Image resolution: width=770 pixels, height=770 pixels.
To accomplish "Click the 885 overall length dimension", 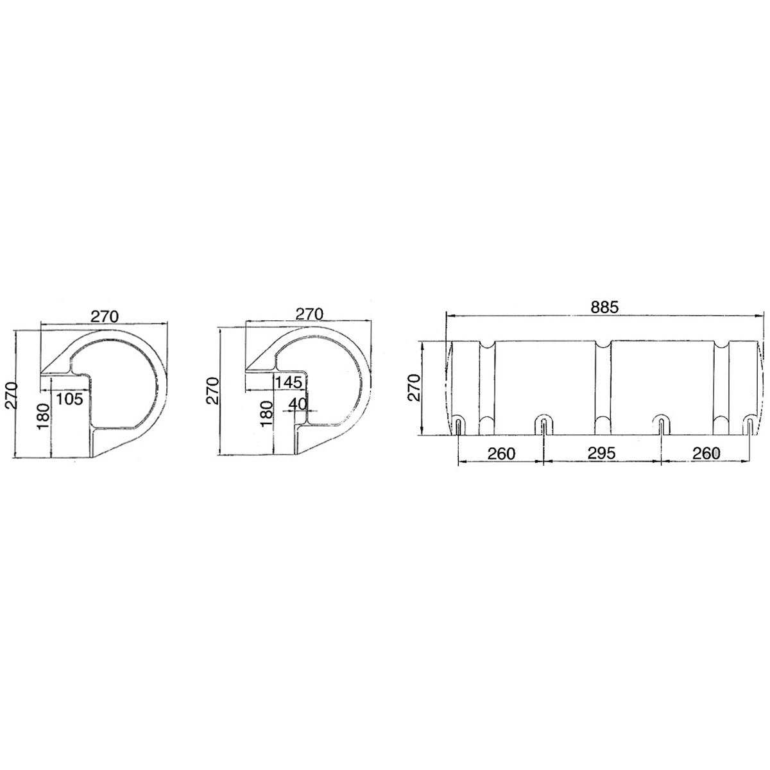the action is pyautogui.click(x=604, y=307).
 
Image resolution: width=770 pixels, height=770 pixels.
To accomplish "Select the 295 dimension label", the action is pyautogui.click(x=601, y=454).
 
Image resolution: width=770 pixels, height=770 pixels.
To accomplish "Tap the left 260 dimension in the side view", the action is pyautogui.click(x=502, y=454).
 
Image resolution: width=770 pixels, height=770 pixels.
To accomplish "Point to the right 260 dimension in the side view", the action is pyautogui.click(x=706, y=454).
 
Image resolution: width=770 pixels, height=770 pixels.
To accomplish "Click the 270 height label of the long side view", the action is pyautogui.click(x=413, y=387).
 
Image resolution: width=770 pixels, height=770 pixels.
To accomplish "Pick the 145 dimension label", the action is pyautogui.click(x=289, y=382).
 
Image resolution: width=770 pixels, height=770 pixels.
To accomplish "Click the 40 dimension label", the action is pyautogui.click(x=298, y=404).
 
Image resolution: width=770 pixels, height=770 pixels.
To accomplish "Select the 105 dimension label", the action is pyautogui.click(x=69, y=398).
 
